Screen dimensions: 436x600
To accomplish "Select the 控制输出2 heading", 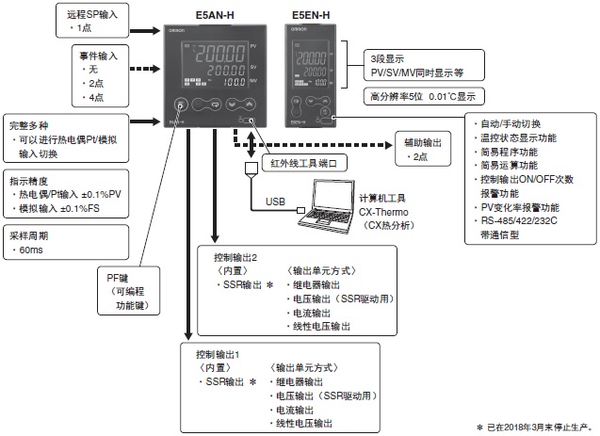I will (x=231, y=256).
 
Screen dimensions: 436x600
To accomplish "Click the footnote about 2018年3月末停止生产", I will (x=535, y=428).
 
